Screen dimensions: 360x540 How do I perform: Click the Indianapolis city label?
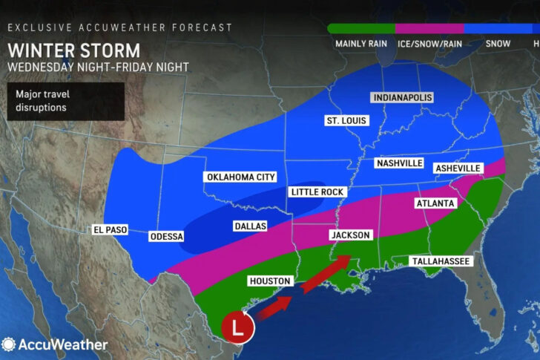(x=402, y=98)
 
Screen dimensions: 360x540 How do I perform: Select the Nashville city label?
(x=399, y=163)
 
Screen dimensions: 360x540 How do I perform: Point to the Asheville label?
(x=458, y=168)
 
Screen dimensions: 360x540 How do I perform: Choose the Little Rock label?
(x=317, y=192)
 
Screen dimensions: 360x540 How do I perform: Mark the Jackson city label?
(x=350, y=235)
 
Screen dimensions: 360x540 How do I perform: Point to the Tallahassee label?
(x=441, y=261)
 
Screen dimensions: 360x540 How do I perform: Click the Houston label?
(x=271, y=281)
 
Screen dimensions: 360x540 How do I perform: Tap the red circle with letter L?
(x=237, y=327)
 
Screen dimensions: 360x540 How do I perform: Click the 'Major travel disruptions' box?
(x=66, y=101)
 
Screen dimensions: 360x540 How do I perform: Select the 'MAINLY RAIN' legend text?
(x=362, y=44)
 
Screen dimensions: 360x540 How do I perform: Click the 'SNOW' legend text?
(x=498, y=44)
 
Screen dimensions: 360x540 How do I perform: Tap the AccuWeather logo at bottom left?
(x=55, y=344)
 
